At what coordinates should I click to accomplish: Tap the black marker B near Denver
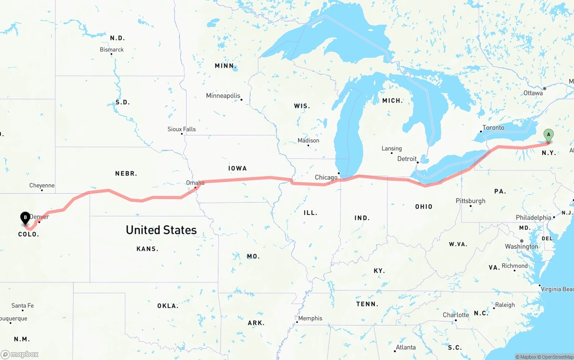(26, 218)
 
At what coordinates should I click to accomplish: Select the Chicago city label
(326, 178)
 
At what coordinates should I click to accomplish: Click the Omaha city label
(195, 183)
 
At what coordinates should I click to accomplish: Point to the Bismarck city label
(112, 50)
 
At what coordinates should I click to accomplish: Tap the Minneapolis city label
(223, 96)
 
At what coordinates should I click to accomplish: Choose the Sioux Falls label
(182, 129)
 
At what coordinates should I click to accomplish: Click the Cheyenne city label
(42, 186)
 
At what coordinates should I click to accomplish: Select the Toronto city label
(493, 128)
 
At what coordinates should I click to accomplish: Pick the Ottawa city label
(533, 93)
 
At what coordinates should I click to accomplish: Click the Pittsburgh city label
(470, 201)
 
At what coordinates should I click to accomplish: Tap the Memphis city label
(310, 318)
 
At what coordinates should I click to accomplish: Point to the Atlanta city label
(405, 347)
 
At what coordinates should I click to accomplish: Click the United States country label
(161, 230)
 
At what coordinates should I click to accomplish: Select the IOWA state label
(237, 169)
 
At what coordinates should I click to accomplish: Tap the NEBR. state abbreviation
(126, 173)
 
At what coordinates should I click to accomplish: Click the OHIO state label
(423, 207)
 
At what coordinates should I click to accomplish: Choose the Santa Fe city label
(22, 306)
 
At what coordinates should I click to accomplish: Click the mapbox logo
(20, 355)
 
